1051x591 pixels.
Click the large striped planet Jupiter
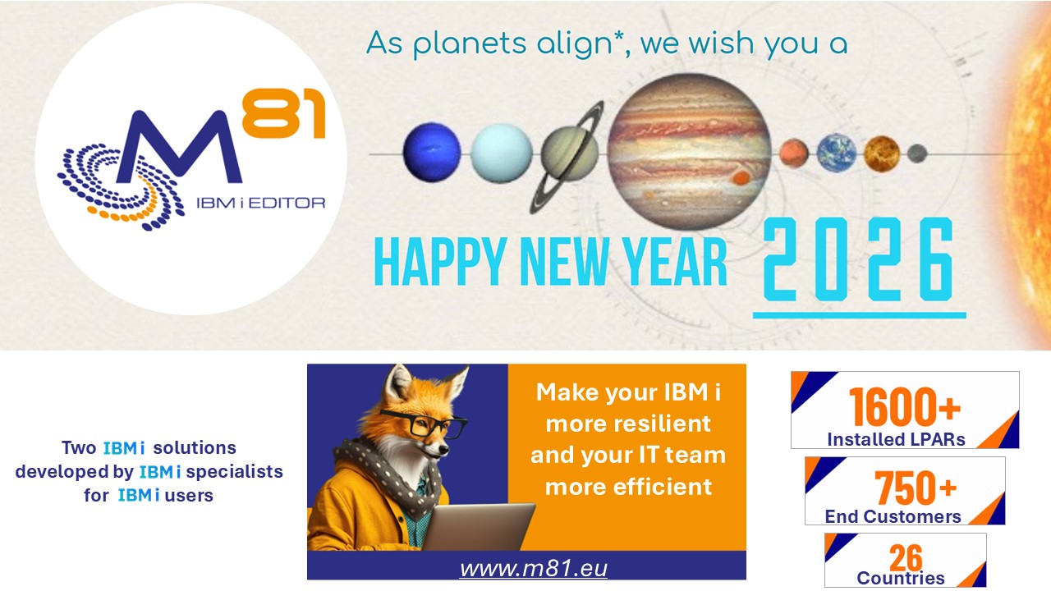coord(689,151)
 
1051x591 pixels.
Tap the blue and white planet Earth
coord(836,153)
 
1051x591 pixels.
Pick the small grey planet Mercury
coord(917,153)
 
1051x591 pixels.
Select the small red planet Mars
coord(794,153)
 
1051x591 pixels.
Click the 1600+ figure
coord(904,407)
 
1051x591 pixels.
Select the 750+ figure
coord(915,488)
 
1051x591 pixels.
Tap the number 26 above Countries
coord(905,557)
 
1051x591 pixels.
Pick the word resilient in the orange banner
coord(628,424)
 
